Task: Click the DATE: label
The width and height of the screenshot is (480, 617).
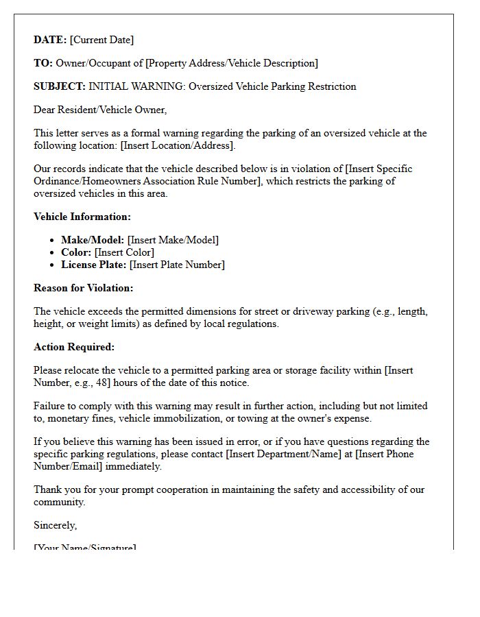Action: pyautogui.click(x=50, y=40)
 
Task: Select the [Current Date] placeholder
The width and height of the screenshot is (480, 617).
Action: pyautogui.click(x=101, y=40)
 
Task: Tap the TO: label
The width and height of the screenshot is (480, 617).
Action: pyautogui.click(x=43, y=63)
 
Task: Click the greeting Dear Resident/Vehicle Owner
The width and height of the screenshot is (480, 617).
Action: pyautogui.click(x=100, y=110)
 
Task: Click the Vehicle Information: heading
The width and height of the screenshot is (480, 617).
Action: pyautogui.click(x=82, y=217)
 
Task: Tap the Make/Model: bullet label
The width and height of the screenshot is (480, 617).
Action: pyautogui.click(x=93, y=240)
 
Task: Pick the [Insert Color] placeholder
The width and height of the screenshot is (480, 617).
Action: pyautogui.click(x=124, y=252)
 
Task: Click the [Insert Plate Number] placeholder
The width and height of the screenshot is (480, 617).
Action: pyautogui.click(x=177, y=265)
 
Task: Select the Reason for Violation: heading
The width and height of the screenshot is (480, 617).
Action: pyautogui.click(x=84, y=288)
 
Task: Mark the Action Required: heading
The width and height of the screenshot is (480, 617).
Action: pyautogui.click(x=74, y=347)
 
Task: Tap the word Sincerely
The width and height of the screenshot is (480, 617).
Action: pyautogui.click(x=55, y=525)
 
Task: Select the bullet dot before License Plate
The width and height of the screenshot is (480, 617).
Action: pyautogui.click(x=52, y=265)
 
